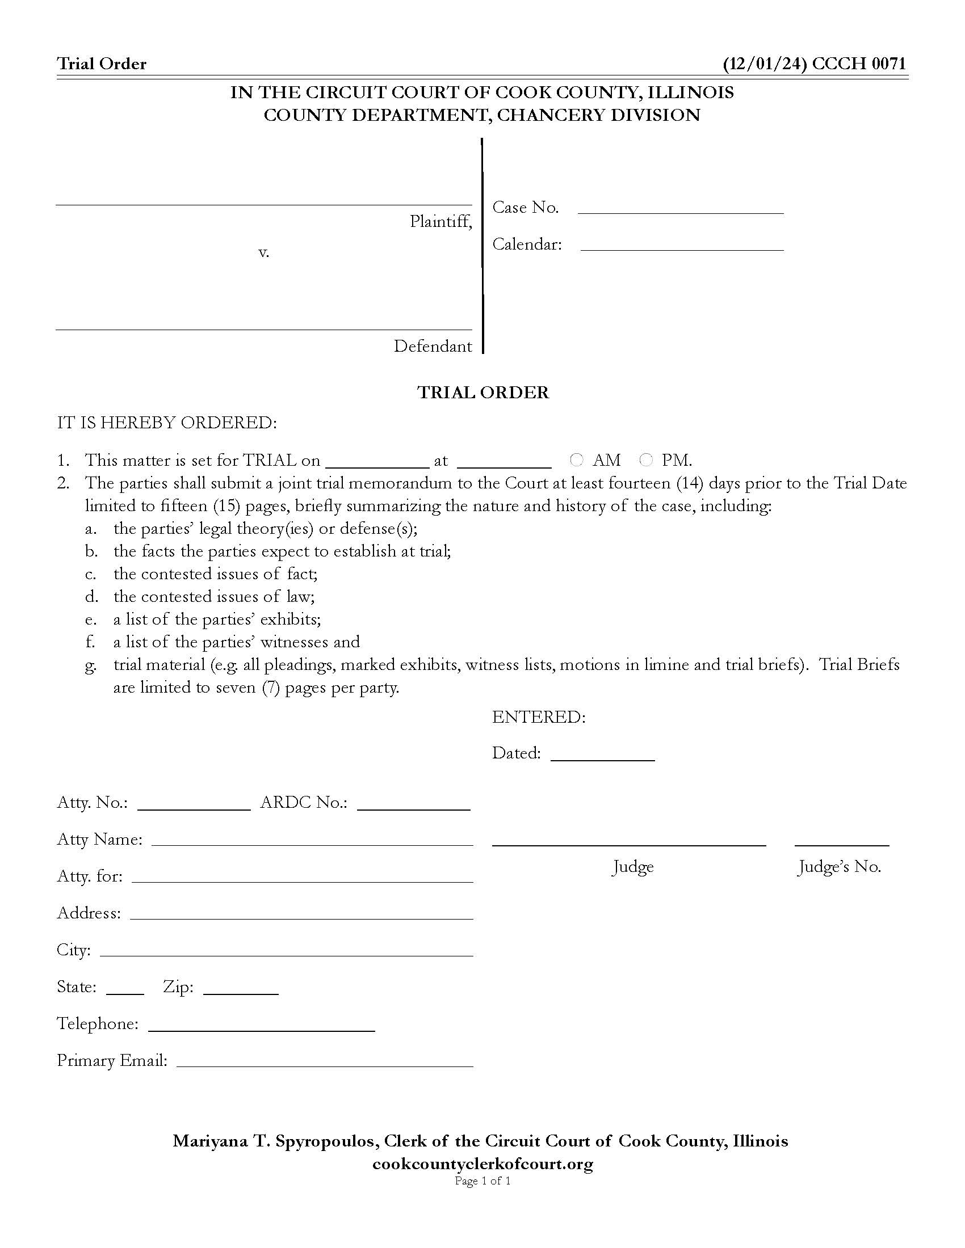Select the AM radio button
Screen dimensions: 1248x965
[x=576, y=459]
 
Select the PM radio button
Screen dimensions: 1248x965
[x=646, y=459]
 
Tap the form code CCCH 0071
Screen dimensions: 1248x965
[x=859, y=64]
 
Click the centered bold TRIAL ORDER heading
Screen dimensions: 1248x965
[x=483, y=393]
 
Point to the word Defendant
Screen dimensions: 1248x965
[x=433, y=346]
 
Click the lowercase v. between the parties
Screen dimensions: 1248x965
[x=263, y=252]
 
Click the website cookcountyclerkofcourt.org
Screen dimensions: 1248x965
[x=482, y=1164]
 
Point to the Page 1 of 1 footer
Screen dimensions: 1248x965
[x=482, y=1180]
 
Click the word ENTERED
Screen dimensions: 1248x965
[x=539, y=717]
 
